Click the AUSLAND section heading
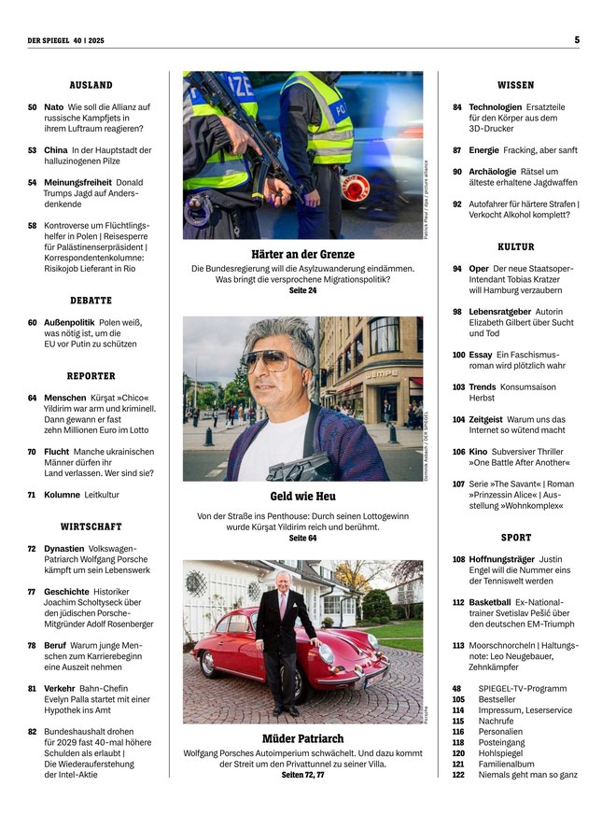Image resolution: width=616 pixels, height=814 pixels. click(91, 85)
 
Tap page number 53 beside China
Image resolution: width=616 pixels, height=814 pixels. click(33, 149)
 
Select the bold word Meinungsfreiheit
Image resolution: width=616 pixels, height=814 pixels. click(76, 182)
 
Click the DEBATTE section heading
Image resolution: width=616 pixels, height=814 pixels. click(91, 301)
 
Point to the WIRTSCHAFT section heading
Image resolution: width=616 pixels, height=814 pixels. click(91, 526)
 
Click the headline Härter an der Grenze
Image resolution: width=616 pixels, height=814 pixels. click(302, 254)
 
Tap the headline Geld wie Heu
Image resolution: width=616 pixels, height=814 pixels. click(302, 496)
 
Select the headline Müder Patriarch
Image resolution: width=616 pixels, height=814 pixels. click(302, 738)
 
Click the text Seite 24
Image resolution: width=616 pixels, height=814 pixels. click(302, 291)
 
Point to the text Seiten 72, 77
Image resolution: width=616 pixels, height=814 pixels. click(302, 775)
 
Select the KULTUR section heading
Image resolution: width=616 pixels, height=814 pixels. click(515, 247)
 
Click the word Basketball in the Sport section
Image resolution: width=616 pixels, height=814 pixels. click(489, 602)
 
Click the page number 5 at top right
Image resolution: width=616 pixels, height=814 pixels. click(577, 39)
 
